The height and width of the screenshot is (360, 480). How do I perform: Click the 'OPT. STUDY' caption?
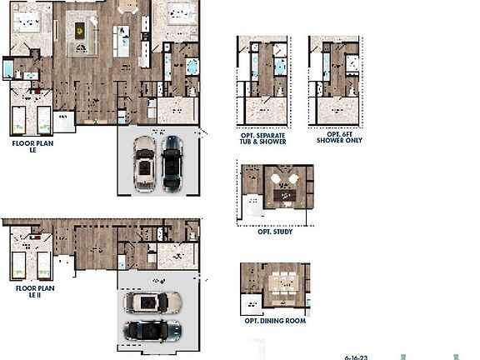[x=276, y=232]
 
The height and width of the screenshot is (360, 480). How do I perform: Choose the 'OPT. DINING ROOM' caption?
[x=275, y=321]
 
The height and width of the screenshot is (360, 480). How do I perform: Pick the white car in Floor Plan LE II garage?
[x=150, y=302]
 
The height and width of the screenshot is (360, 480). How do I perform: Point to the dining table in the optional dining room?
[x=282, y=282]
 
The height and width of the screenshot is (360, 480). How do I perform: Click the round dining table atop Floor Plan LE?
[x=128, y=6]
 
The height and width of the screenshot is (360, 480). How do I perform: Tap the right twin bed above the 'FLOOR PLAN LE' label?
[x=42, y=119]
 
